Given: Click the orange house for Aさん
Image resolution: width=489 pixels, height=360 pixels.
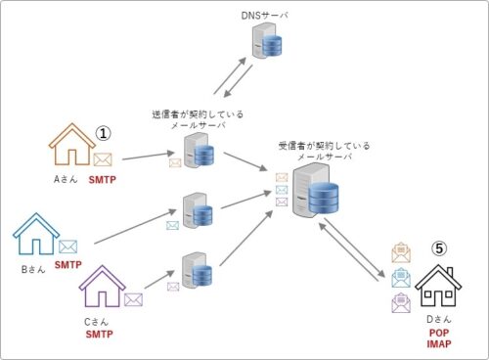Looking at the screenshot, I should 70,146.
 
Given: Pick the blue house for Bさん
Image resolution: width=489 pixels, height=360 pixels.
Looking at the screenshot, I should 35,236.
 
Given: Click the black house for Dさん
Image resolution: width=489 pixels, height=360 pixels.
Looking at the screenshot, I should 438,286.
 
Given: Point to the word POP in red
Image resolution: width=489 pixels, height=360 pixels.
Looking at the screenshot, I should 439,333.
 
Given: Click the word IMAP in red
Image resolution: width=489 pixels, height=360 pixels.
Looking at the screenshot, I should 439,345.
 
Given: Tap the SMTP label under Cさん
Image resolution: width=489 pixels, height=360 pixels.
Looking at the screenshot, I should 98,335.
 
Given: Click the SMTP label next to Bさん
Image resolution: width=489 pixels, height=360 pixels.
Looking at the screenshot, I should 67,265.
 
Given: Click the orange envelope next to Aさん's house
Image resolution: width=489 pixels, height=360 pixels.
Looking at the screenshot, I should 103,157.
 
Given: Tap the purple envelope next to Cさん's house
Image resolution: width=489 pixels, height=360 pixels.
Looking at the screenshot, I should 133,300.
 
